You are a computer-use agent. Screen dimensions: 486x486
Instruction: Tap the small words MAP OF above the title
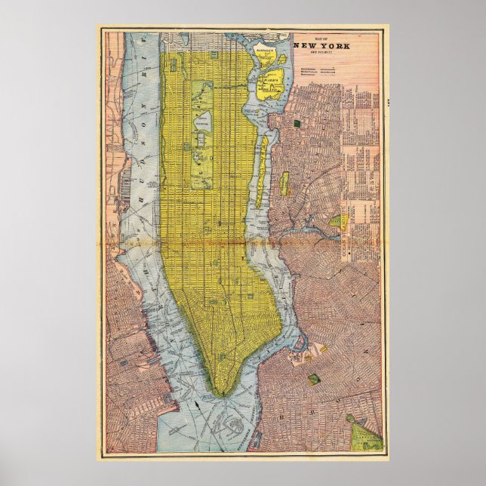pyautogui.click(x=320, y=37)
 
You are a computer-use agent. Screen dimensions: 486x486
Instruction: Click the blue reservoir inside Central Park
pyautogui.click(x=204, y=120)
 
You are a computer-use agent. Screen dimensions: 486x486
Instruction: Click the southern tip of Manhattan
pyautogui.click(x=220, y=391)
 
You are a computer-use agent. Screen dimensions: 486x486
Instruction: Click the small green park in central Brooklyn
pyautogui.click(x=313, y=379)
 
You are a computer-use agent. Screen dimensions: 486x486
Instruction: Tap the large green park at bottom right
pyautogui.click(x=365, y=435)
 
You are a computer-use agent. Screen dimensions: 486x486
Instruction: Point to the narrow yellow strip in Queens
pyautogui.click(x=285, y=183)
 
